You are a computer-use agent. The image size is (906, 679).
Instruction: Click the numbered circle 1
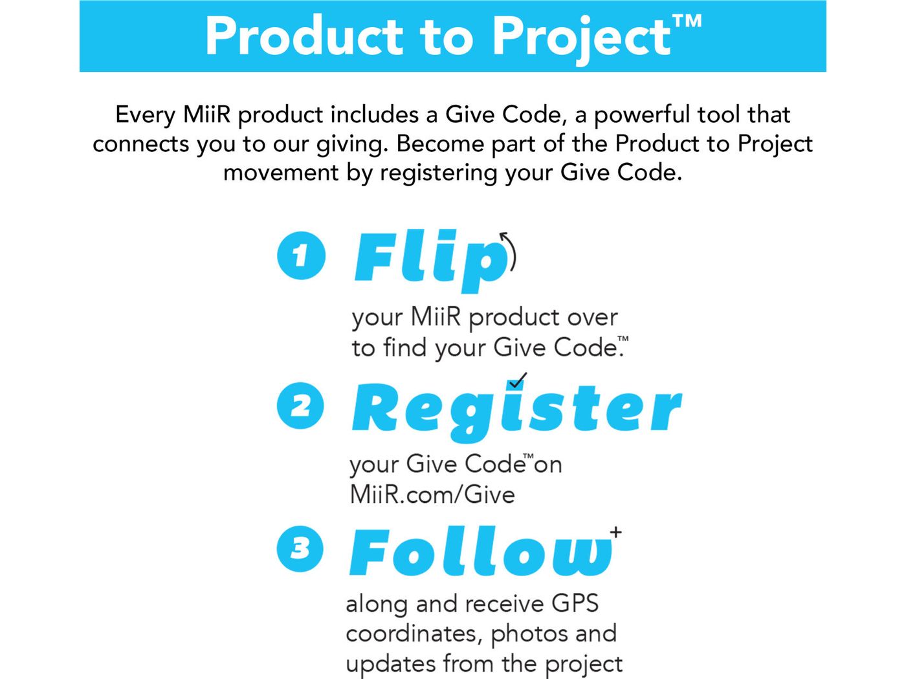[x=301, y=256]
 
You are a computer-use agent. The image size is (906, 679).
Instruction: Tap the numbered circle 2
[x=300, y=406]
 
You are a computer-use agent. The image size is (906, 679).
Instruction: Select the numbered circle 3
[x=300, y=549]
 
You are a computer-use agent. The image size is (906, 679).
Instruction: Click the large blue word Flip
[x=430, y=259]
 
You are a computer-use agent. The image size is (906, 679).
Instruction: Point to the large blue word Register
[x=516, y=409]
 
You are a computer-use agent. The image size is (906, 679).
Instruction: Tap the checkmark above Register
[x=517, y=380]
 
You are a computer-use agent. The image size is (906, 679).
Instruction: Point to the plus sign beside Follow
[x=615, y=532]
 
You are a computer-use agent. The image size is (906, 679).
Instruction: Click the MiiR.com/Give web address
[x=432, y=495]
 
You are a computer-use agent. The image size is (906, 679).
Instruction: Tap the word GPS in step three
[x=575, y=603]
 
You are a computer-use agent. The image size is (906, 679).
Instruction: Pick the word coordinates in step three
[x=413, y=634]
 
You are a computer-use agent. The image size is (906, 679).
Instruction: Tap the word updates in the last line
[x=390, y=663]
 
